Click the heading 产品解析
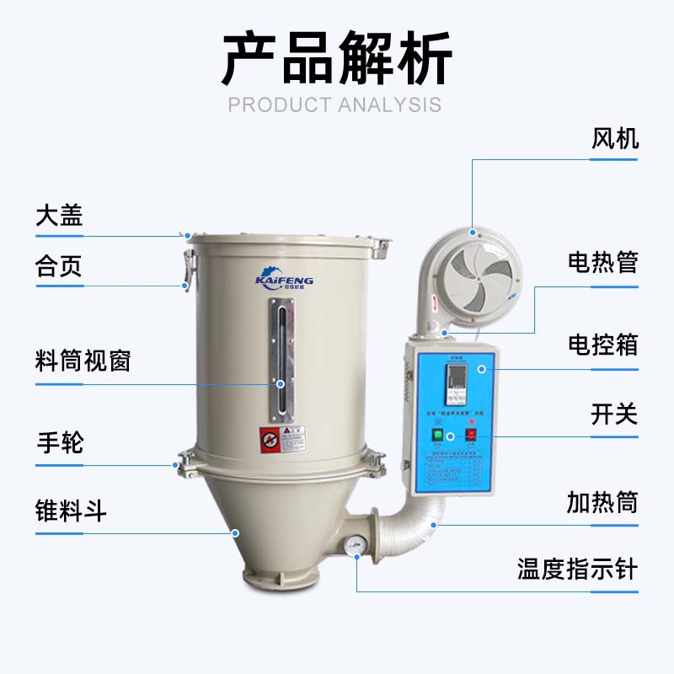[337, 60]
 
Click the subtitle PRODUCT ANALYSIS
[335, 104]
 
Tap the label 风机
[614, 138]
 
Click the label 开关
[614, 415]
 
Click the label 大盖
[59, 215]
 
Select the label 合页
[59, 267]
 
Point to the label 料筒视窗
[83, 361]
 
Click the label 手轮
[59, 441]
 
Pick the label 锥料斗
[71, 510]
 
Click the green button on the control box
[437, 436]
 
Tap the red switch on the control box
[471, 436]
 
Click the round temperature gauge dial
[356, 543]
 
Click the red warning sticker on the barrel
[270, 439]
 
